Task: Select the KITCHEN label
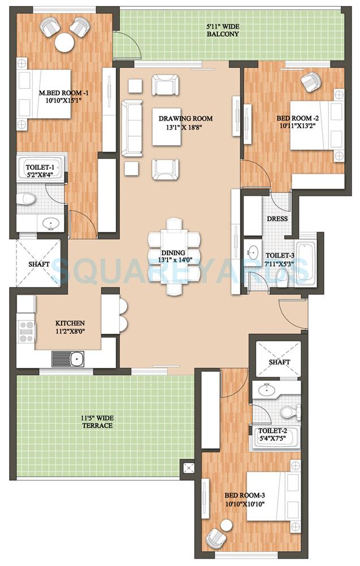69,323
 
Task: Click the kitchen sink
68,358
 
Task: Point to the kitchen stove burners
26,331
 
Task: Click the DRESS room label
277,218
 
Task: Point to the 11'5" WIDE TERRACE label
96,422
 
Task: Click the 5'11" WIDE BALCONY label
222,30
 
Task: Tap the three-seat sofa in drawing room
132,127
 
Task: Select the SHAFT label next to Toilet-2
279,362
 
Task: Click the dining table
174,256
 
